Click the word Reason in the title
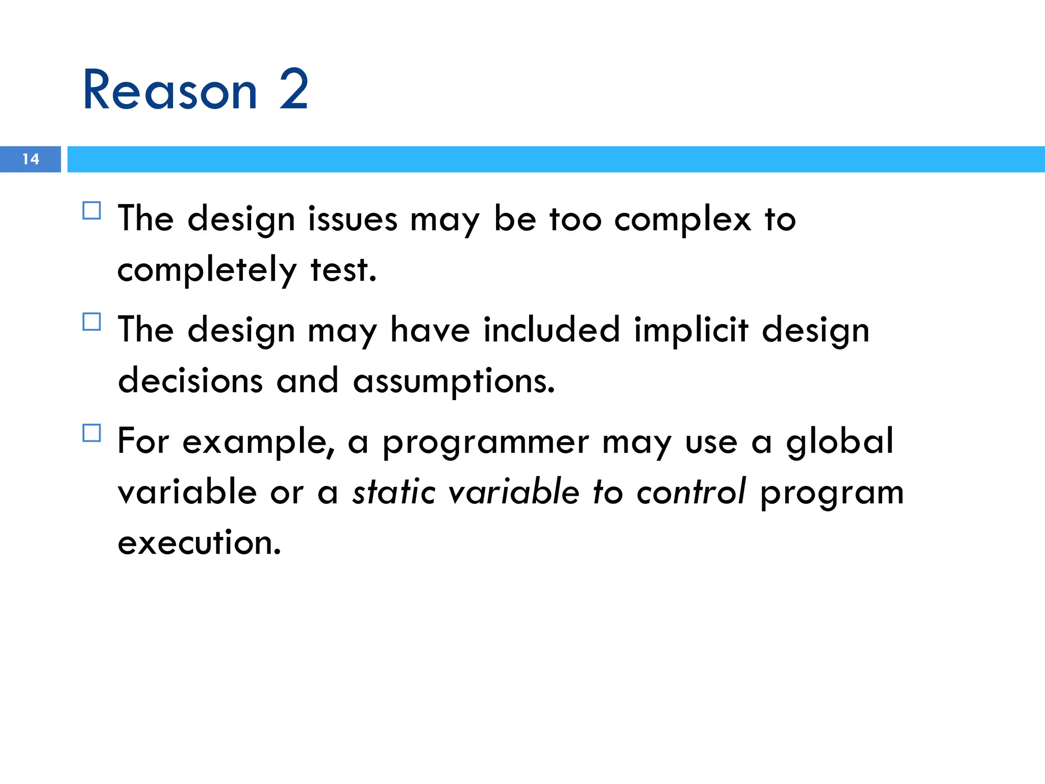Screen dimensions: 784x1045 [x=170, y=90]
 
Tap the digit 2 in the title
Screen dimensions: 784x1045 [x=294, y=90]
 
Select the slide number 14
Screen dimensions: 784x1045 [x=31, y=159]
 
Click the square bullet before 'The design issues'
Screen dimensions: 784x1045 [x=92, y=210]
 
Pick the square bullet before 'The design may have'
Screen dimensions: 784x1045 [x=92, y=322]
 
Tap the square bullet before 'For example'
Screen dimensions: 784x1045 [x=92, y=433]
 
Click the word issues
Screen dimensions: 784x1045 [x=352, y=219]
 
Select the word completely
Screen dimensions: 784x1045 [x=207, y=271]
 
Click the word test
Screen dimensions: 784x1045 [x=343, y=269]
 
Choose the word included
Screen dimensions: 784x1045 [x=552, y=330]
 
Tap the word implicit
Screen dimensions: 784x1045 [x=691, y=331]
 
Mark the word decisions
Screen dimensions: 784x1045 [x=190, y=381]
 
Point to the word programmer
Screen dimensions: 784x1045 [x=486, y=442]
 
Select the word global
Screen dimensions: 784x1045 [x=840, y=442]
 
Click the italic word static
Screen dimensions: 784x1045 [x=393, y=492]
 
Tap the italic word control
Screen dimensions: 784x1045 [x=691, y=492]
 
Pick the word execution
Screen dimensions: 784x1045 [x=199, y=542]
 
